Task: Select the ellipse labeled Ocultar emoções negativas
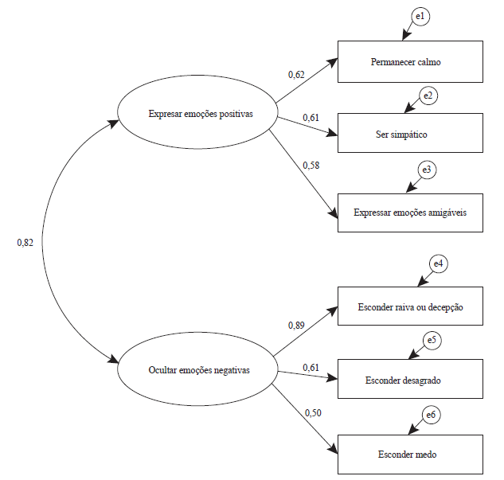point(197,370)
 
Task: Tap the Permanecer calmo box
point(410,61)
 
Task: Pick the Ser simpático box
point(410,134)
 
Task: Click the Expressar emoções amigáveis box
point(410,212)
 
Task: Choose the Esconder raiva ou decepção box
point(410,306)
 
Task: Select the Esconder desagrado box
point(410,380)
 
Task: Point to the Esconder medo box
point(410,454)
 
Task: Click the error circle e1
point(421,18)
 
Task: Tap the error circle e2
point(428,96)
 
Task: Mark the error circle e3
point(428,170)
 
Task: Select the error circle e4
point(438,263)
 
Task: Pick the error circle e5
point(431,341)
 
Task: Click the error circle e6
point(431,415)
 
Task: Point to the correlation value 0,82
point(25,242)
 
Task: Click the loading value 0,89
point(296,326)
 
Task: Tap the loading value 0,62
point(296,75)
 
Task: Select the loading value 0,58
point(311,166)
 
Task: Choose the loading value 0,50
point(314,412)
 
